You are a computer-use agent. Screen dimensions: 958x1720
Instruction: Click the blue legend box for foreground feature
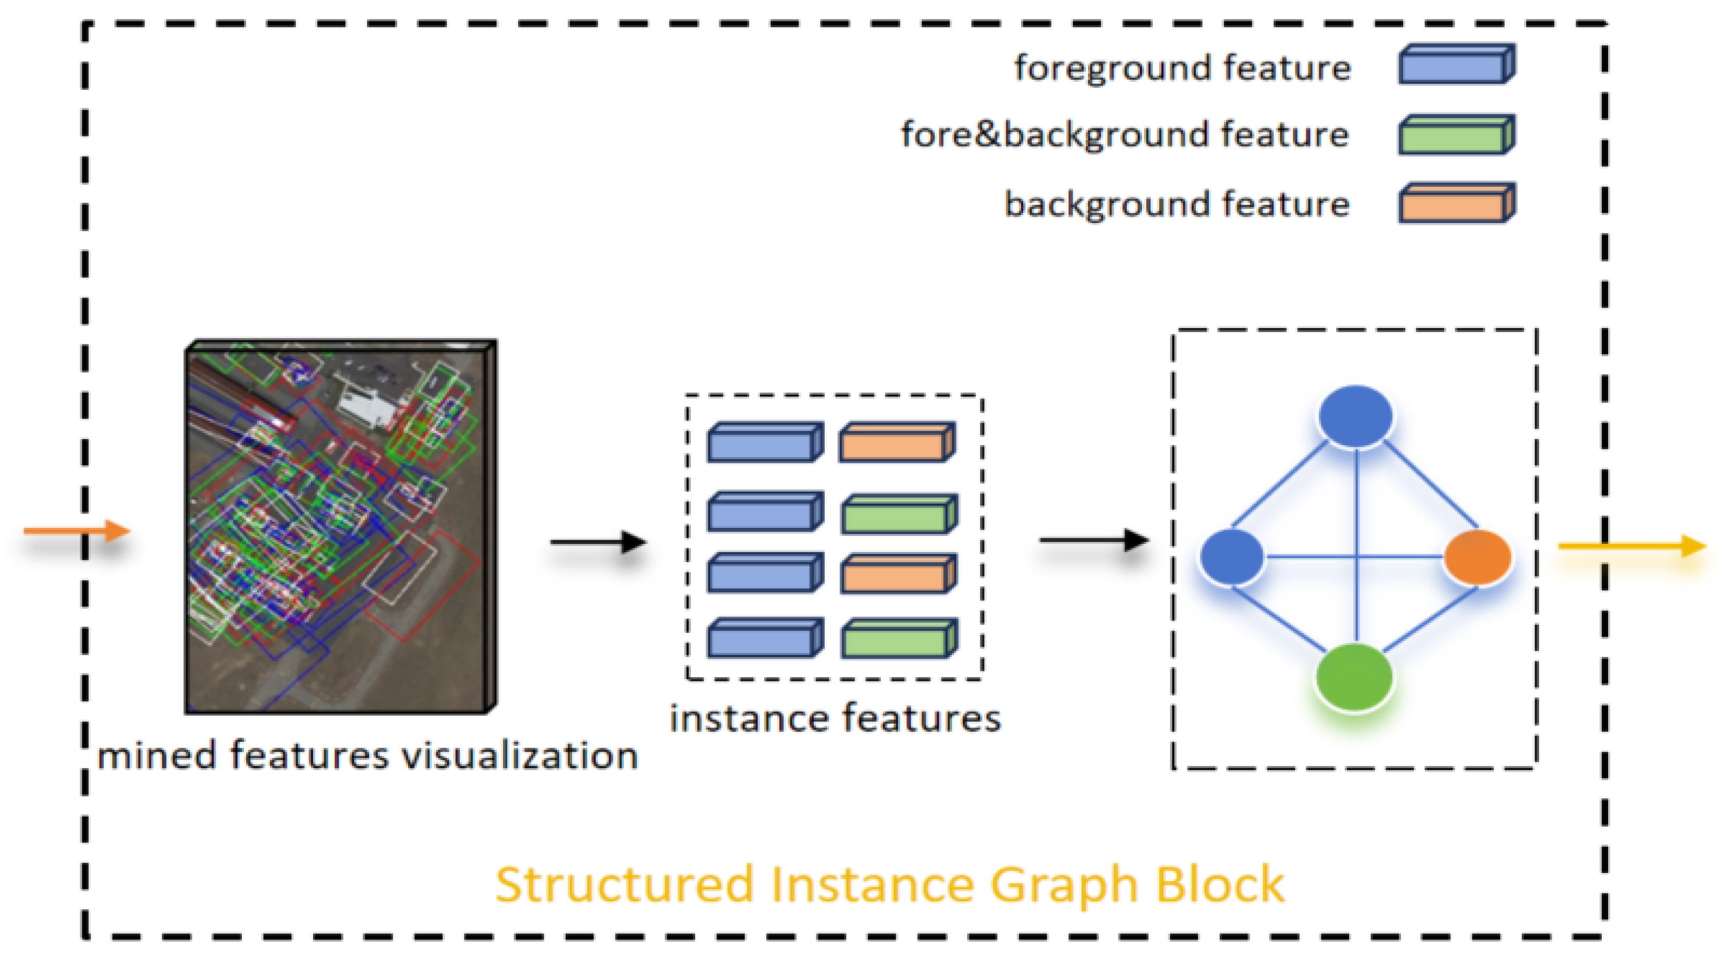point(1456,65)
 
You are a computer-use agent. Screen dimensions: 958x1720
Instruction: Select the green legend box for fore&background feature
point(1456,135)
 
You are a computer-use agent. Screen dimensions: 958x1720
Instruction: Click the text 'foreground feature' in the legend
point(1182,68)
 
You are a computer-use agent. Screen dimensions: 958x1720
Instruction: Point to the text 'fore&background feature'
point(1125,135)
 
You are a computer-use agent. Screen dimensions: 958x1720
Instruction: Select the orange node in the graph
point(1477,557)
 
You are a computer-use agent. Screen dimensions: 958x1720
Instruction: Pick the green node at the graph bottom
point(1354,678)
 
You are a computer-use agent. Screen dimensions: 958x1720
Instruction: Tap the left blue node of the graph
point(1232,557)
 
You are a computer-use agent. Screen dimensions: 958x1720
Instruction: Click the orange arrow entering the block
point(77,531)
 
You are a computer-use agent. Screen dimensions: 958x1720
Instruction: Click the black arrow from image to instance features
point(598,541)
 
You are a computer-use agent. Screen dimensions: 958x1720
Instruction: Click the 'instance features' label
point(835,719)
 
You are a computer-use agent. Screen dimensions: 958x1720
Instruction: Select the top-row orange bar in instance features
point(896,442)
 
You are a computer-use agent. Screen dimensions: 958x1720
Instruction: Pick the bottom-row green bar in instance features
point(899,638)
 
